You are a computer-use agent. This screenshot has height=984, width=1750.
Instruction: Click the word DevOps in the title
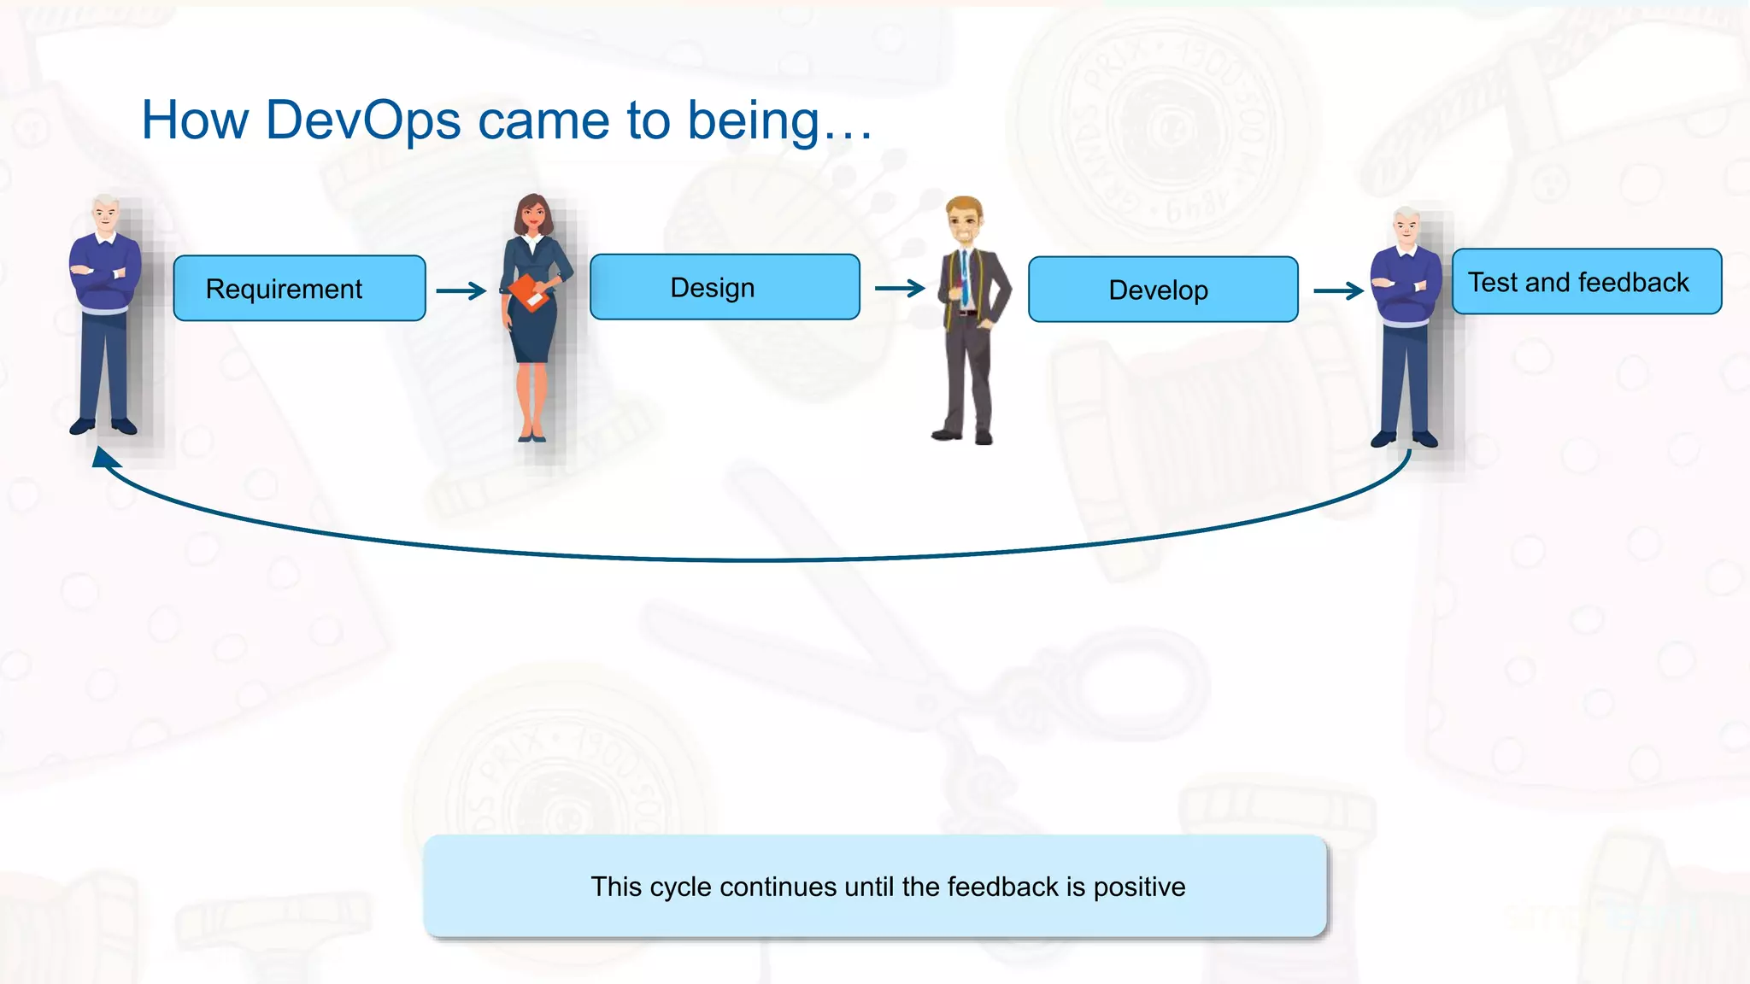(363, 120)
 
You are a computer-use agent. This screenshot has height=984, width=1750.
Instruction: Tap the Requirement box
(299, 289)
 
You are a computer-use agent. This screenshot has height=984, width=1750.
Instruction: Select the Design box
(725, 287)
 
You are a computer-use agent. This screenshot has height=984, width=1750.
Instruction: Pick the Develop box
(1162, 290)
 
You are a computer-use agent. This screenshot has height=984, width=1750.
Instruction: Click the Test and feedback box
(1586, 282)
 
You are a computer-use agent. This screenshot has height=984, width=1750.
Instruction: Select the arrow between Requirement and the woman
(461, 291)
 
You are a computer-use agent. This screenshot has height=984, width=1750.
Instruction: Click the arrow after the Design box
(900, 289)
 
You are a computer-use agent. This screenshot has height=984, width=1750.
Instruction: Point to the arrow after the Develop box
(1338, 291)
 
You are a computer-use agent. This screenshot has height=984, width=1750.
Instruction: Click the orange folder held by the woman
(530, 293)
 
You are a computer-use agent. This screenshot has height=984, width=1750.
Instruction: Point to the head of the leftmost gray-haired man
(105, 214)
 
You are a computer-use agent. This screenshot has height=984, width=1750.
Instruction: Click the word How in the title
(195, 120)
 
